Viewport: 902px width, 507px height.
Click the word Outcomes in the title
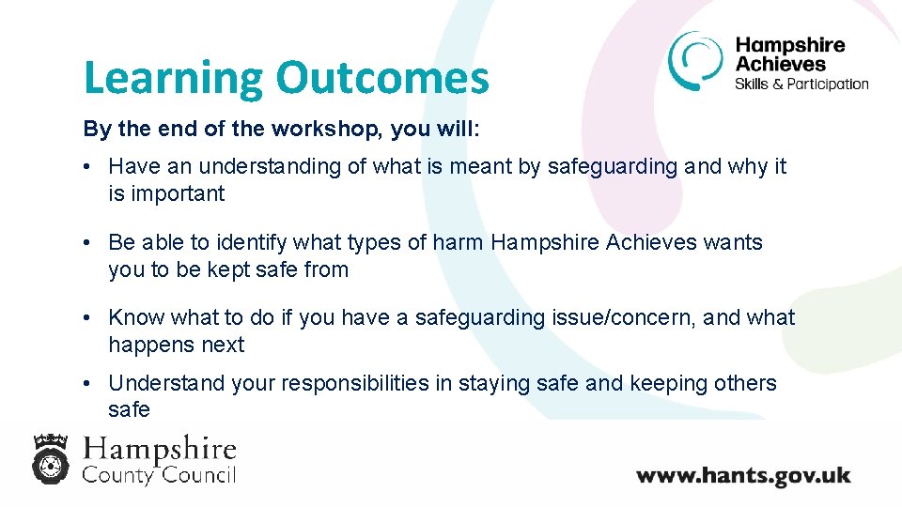tap(382, 79)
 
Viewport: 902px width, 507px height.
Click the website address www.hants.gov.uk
tap(743, 474)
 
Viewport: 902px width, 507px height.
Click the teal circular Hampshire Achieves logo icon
tap(696, 61)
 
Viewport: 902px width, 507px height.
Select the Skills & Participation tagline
tap(801, 84)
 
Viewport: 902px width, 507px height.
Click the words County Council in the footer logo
tap(159, 474)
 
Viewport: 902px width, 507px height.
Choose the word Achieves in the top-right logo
tap(780, 64)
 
